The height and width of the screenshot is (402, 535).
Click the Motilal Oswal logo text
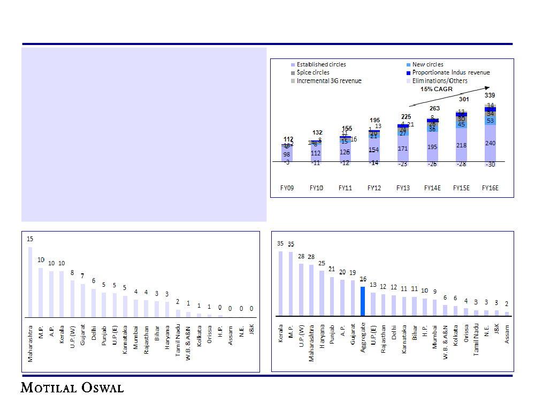72,387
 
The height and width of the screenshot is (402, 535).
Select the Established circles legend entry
321,64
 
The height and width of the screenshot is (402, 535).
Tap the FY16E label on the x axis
491,188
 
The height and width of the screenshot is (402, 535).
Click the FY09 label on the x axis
287,188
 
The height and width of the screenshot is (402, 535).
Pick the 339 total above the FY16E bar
490,95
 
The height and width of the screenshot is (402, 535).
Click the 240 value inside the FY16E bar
491,143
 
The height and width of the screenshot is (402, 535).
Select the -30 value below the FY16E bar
491,165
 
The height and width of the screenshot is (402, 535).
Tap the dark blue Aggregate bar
363,301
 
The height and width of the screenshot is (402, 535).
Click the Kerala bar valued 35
280,284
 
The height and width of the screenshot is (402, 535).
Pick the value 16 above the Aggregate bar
363,279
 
